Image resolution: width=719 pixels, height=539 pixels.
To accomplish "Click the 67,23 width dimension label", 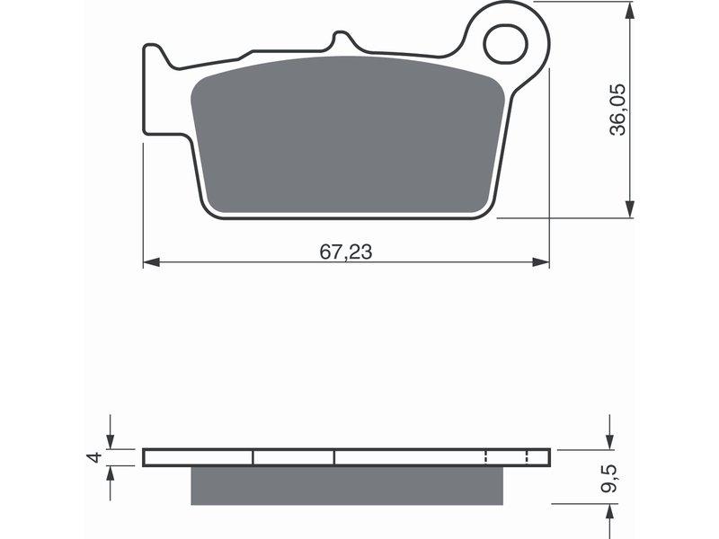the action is [x=346, y=252].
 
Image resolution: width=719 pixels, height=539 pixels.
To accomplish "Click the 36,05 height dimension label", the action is [x=617, y=110].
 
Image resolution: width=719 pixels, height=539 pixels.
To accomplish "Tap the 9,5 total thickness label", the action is [x=609, y=479].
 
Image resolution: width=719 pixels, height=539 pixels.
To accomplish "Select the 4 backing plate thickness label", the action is [x=93, y=457].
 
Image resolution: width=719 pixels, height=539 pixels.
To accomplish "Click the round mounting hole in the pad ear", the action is [x=506, y=44].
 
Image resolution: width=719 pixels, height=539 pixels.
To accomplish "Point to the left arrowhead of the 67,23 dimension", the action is [x=151, y=262].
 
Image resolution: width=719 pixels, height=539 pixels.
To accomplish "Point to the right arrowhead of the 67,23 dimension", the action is [x=541, y=262].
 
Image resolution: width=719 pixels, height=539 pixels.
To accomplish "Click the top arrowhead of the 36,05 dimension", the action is [x=631, y=10].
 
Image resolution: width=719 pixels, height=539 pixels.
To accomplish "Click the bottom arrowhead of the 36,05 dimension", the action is [x=631, y=209].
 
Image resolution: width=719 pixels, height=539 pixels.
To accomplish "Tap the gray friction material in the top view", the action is [x=348, y=136].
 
